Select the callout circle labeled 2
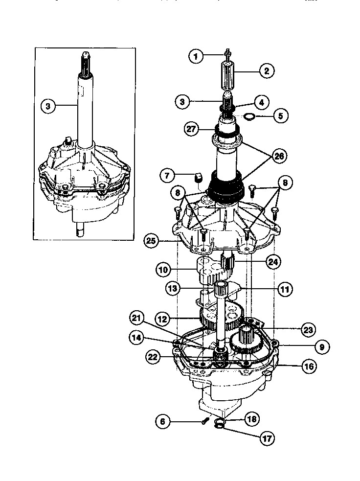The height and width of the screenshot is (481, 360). pyautogui.click(x=266, y=71)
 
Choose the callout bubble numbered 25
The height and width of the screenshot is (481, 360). pyautogui.click(x=152, y=240)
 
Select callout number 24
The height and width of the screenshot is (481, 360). pyautogui.click(x=273, y=262)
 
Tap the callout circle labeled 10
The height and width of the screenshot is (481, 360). pyautogui.click(x=164, y=269)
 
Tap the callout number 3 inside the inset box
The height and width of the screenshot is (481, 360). pyautogui.click(x=47, y=106)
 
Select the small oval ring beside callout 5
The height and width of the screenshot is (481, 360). pyautogui.click(x=249, y=117)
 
